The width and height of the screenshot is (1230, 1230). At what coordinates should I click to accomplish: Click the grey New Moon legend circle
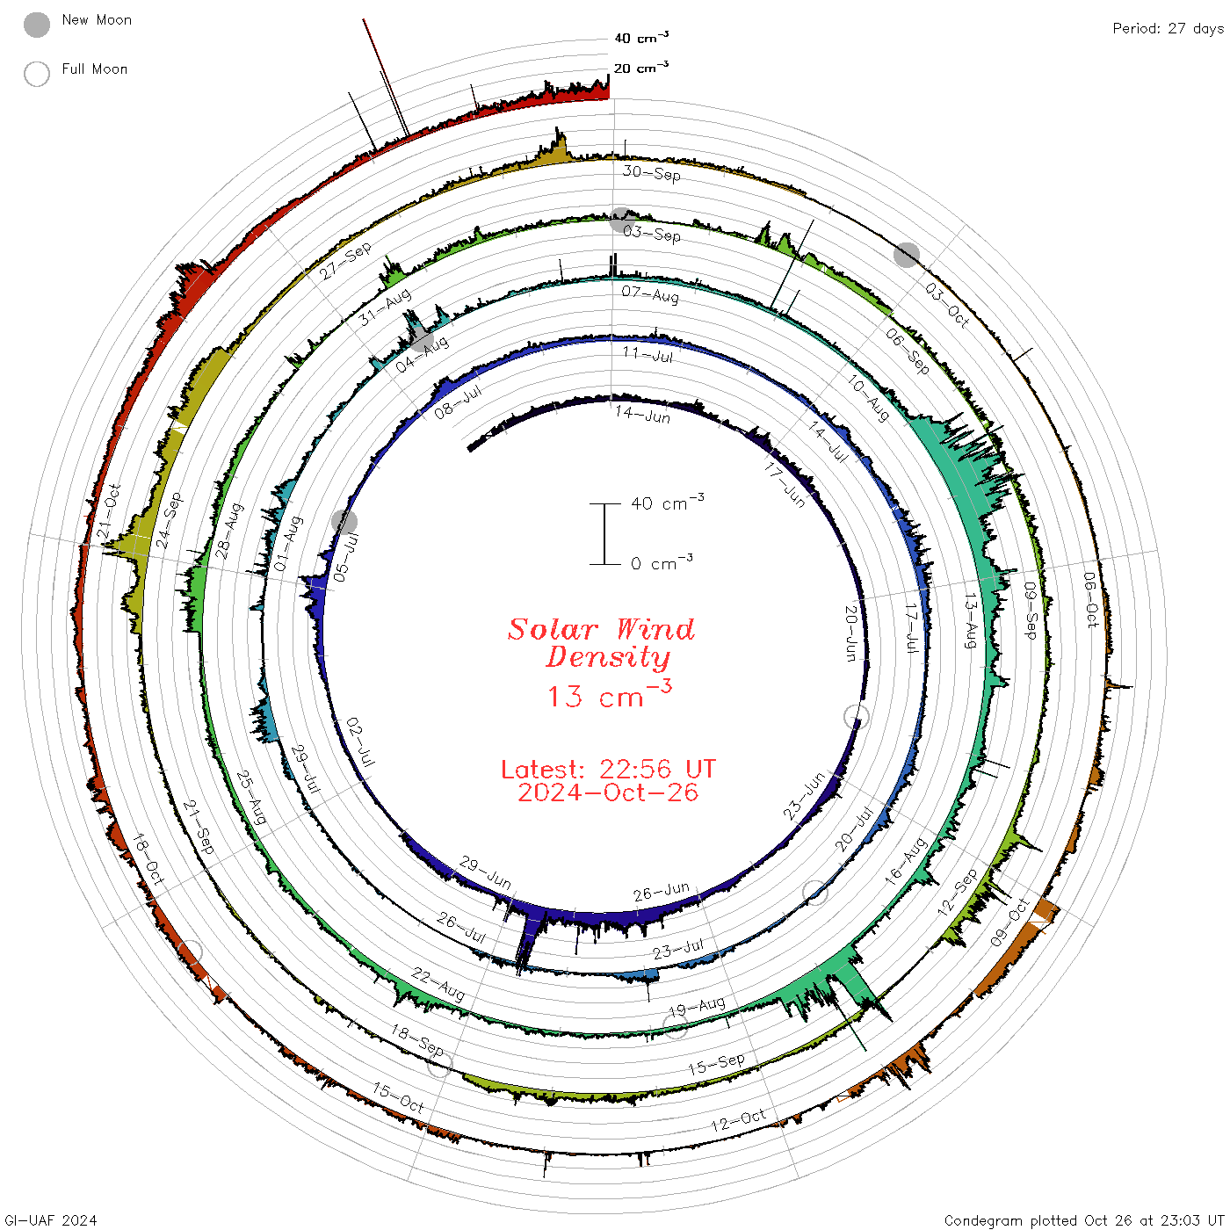click(x=37, y=25)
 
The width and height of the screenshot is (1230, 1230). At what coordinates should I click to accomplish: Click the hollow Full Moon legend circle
click(x=37, y=74)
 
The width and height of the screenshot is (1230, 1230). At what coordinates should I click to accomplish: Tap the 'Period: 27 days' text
click(x=1168, y=29)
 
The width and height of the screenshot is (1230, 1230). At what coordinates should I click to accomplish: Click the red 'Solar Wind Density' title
click(x=601, y=643)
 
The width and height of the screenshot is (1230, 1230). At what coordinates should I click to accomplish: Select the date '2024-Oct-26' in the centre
click(x=608, y=792)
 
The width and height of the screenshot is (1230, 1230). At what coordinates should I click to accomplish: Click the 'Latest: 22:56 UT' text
click(x=608, y=769)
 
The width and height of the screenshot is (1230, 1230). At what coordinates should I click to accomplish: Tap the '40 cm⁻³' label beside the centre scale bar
click(x=668, y=503)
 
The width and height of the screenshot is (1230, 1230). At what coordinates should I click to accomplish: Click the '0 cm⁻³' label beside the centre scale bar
click(x=662, y=563)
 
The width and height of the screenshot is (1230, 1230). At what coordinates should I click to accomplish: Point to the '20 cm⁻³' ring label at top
click(x=641, y=67)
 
